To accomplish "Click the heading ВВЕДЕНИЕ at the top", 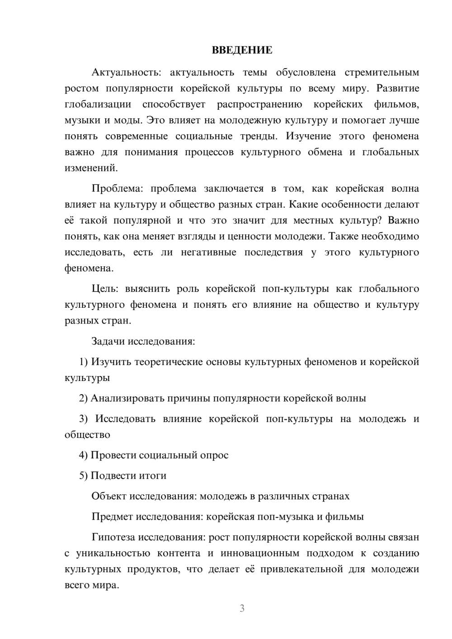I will [242, 50].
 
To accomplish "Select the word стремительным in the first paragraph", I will [381, 72].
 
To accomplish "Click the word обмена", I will [325, 152].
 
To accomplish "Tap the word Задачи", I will [108, 341].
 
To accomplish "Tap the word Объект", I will [109, 496].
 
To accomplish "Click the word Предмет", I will [113, 517].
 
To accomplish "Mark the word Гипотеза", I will [113, 537].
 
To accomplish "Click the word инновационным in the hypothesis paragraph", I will [260, 553].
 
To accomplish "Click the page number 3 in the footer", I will [242, 608].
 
